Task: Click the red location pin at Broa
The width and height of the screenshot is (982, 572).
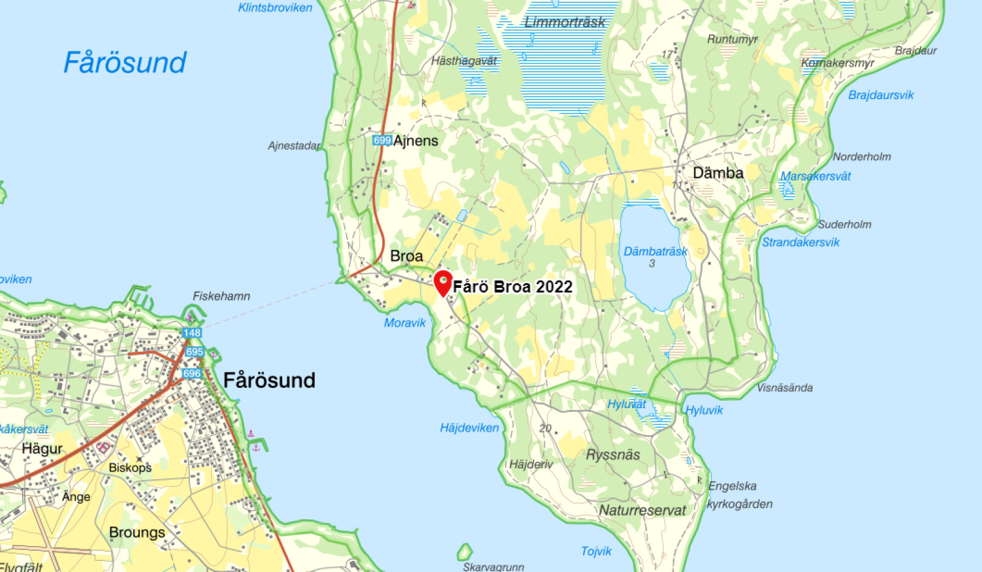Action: click(443, 283)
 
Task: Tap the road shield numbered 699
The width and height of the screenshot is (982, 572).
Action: click(382, 141)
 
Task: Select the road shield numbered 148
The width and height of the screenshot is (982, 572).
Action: click(191, 333)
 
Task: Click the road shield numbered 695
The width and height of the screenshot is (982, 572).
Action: click(195, 352)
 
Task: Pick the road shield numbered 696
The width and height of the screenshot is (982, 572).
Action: click(191, 373)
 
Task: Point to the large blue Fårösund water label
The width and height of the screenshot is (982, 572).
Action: click(125, 63)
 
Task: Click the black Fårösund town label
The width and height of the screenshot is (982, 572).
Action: click(269, 381)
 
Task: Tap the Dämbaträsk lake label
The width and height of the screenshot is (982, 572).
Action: click(655, 252)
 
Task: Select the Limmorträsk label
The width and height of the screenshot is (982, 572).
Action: click(565, 23)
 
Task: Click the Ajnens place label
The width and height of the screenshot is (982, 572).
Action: click(416, 141)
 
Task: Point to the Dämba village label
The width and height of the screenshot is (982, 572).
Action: click(718, 173)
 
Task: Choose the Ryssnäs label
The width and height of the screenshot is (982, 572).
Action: click(613, 455)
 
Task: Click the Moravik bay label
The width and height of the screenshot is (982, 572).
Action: click(404, 323)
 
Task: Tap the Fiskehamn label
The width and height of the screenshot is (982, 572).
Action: click(222, 296)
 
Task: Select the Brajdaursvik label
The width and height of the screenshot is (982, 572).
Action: click(881, 95)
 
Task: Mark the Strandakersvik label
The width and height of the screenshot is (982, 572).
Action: click(800, 242)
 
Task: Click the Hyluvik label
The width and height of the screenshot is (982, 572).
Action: click(704, 410)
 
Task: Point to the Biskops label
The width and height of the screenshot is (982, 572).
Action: click(130, 468)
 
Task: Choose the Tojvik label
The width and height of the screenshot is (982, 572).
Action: click(596, 551)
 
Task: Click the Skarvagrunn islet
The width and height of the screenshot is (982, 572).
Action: click(465, 551)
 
